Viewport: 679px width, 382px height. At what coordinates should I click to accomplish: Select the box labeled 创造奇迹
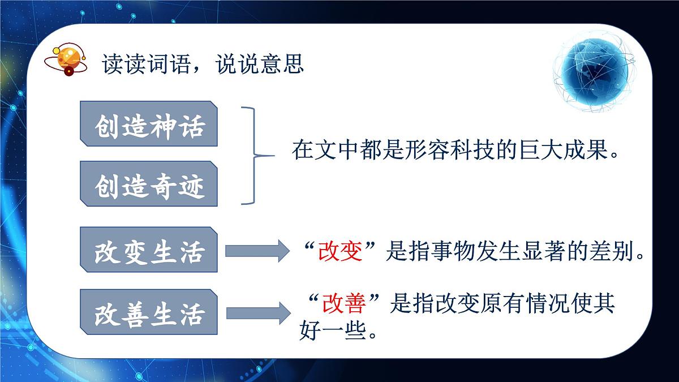tap(149, 183)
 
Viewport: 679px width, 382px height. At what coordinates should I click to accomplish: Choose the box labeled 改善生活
tap(149, 311)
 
